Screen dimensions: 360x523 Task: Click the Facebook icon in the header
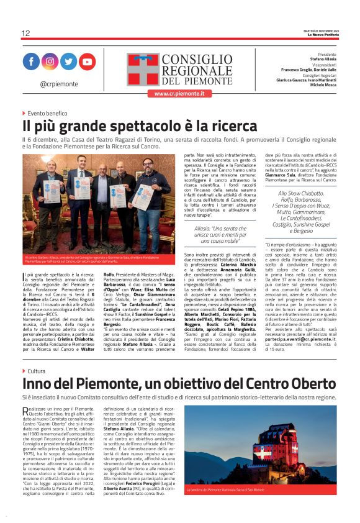point(31,61)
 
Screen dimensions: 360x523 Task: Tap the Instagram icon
point(50,61)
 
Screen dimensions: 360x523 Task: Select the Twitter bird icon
point(68,61)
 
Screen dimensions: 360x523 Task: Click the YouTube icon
point(87,61)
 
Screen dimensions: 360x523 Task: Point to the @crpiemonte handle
point(59,83)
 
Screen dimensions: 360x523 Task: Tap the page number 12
point(25,33)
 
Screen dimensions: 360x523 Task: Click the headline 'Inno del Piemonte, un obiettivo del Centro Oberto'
point(179,384)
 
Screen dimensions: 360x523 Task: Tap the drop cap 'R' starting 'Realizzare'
point(25,411)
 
